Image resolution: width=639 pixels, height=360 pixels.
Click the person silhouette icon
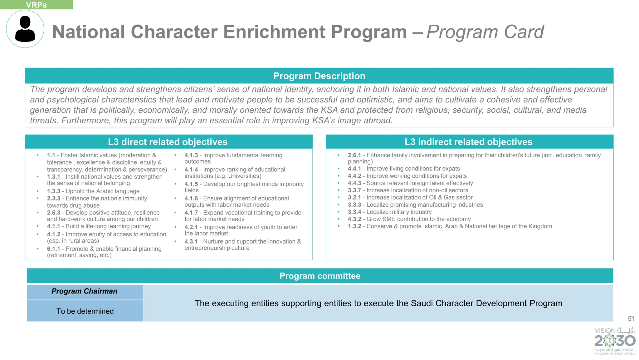coord(25,29)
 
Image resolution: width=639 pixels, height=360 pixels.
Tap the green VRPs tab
coord(36,5)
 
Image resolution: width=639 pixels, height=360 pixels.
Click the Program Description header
coord(319,76)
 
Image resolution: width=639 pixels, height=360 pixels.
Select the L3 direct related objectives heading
coord(168,142)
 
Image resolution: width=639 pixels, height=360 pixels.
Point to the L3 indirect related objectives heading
coord(468,142)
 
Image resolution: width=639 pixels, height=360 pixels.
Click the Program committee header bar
coord(320,276)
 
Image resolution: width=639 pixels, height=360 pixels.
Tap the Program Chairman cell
coord(85,291)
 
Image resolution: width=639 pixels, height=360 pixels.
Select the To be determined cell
coord(85,311)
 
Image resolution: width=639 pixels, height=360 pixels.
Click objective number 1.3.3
coord(54,191)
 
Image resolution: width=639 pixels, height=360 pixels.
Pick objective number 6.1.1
coord(54,249)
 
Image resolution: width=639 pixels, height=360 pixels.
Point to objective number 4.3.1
coord(191,241)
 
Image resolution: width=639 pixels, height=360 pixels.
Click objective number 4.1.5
coord(191,184)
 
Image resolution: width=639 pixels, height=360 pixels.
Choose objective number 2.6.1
coord(354,155)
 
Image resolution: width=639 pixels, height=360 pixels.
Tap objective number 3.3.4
coord(354,212)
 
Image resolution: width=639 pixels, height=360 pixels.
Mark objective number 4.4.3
coord(354,183)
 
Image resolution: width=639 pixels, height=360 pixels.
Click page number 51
coord(631,318)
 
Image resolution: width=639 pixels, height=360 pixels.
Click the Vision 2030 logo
coord(615,341)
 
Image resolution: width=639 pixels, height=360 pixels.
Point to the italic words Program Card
coord(485,32)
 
